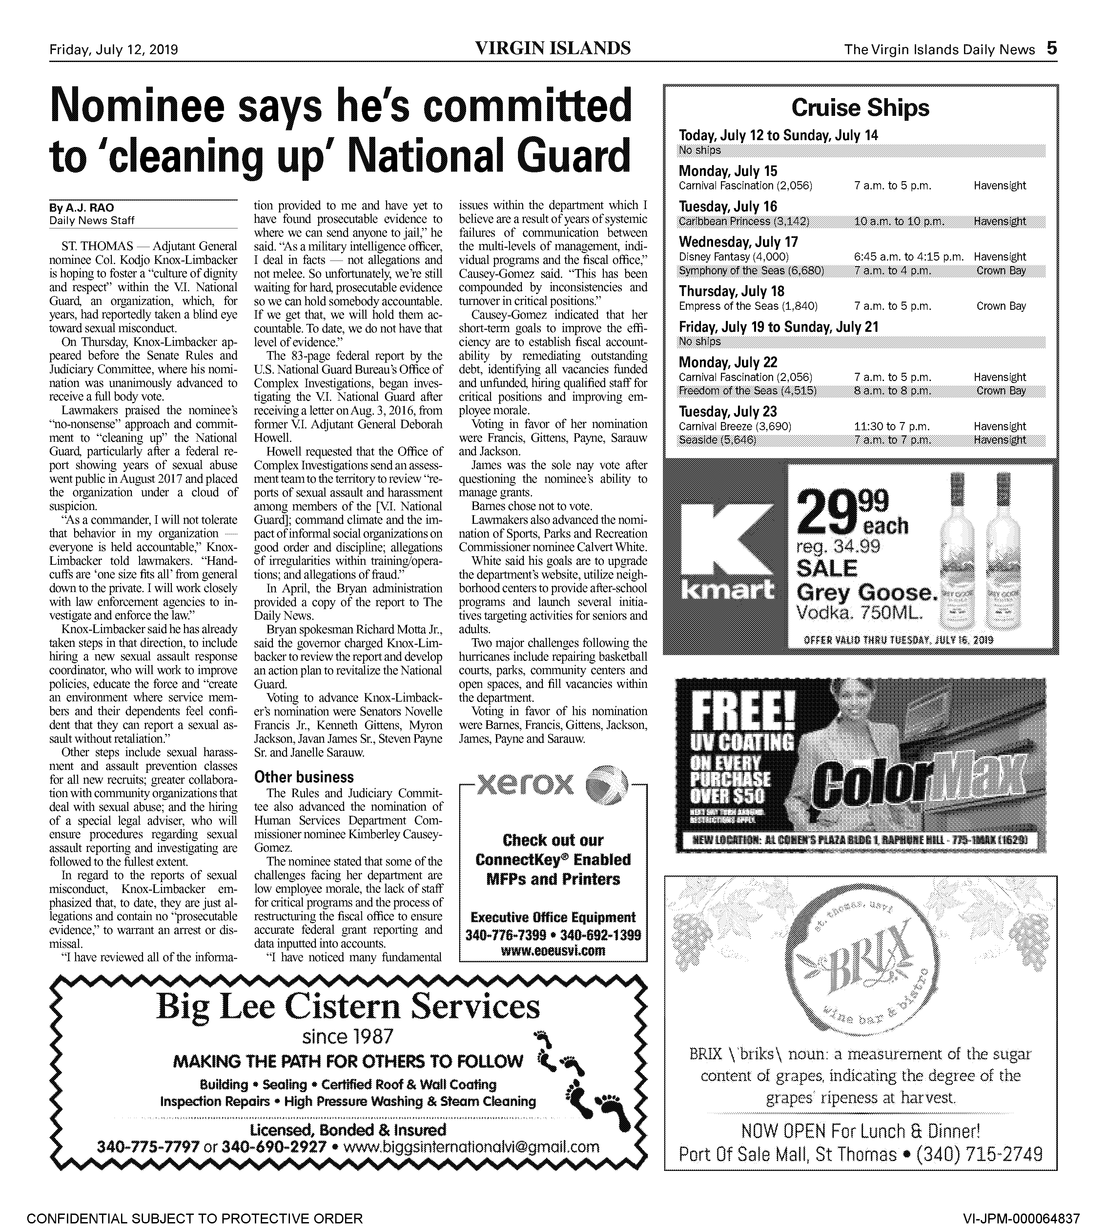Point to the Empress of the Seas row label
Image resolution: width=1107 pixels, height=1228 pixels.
pos(748,306)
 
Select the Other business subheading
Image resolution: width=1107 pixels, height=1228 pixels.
pos(303,777)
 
